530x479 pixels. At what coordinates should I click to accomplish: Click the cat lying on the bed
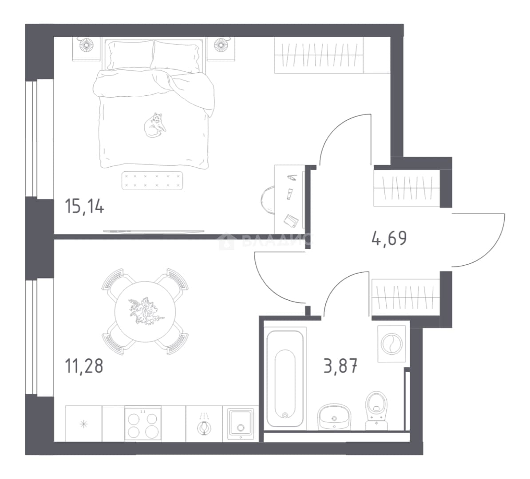[x=154, y=126]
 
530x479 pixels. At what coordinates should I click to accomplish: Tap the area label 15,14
[x=84, y=206]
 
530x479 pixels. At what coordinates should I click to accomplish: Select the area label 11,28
[x=84, y=366]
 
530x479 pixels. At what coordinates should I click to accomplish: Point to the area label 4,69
[x=389, y=238]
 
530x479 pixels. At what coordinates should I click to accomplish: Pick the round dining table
[x=145, y=312]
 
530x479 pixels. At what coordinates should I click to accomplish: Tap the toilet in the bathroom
[x=376, y=410]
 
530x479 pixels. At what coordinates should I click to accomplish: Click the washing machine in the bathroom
[x=392, y=344]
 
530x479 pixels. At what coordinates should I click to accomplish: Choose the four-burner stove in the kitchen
[x=143, y=424]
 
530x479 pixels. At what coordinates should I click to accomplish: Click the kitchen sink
[x=240, y=424]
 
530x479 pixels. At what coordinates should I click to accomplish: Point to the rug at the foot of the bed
[x=152, y=181]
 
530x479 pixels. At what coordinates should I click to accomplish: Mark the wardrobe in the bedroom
[x=319, y=55]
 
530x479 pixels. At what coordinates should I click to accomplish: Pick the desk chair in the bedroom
[x=267, y=200]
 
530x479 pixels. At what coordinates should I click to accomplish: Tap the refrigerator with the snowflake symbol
[x=83, y=424]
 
